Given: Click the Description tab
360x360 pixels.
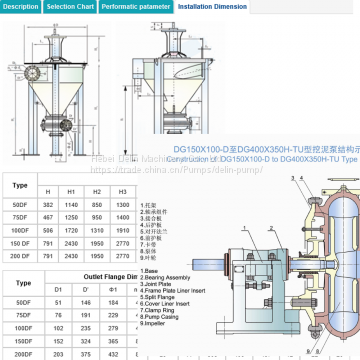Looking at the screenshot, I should point(20,6).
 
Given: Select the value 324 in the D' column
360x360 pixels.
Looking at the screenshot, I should point(85,338).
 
